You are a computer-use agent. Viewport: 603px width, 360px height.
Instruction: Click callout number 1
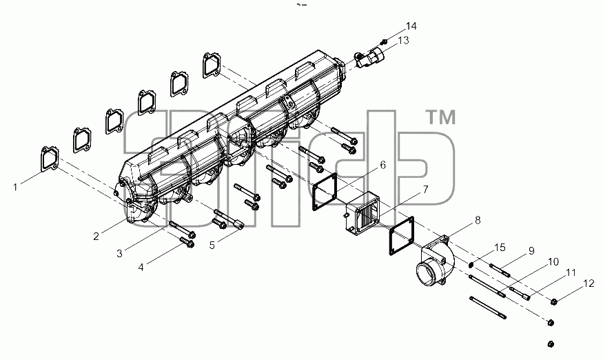pyautogui.click(x=15, y=187)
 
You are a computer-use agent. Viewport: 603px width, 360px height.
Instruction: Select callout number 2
pyautogui.click(x=96, y=236)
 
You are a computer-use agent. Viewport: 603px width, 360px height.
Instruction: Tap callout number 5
pyautogui.click(x=212, y=245)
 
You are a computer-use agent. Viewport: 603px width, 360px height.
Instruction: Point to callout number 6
pyautogui.click(x=382, y=165)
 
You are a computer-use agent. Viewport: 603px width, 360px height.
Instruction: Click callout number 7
pyautogui.click(x=425, y=189)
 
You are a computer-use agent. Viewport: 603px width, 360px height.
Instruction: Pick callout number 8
pyautogui.click(x=478, y=220)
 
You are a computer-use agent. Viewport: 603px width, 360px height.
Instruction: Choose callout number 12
pyautogui.click(x=589, y=283)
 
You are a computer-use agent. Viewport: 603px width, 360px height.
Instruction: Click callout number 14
pyautogui.click(x=411, y=26)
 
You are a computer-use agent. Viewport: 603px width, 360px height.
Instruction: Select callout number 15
pyautogui.click(x=500, y=248)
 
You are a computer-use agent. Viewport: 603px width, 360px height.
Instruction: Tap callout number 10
pyautogui.click(x=553, y=262)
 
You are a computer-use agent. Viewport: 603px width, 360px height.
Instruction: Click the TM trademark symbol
pyautogui.click(x=442, y=117)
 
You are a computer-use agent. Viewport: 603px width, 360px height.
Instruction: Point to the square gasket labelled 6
pyautogui.click(x=325, y=192)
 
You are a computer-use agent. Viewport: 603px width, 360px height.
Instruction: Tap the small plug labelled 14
pyautogui.click(x=383, y=41)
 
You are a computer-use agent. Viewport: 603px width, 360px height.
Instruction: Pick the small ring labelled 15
pyautogui.click(x=471, y=265)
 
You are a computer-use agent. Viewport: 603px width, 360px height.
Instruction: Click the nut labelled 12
pyautogui.click(x=554, y=301)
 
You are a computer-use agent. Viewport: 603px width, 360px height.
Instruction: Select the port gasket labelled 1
pyautogui.click(x=50, y=158)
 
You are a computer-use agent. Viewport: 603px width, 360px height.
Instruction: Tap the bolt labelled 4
pyautogui.click(x=186, y=243)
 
